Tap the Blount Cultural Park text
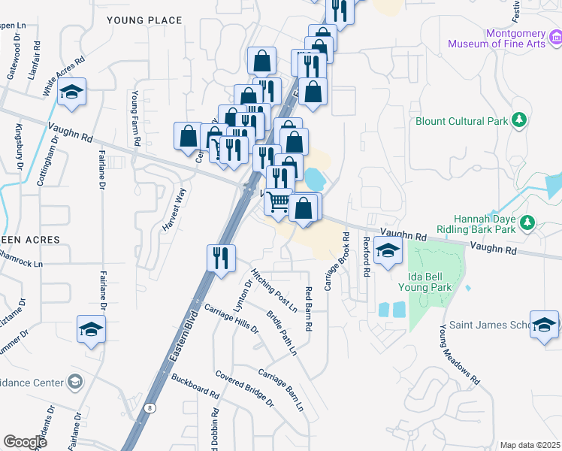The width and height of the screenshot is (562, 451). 460,120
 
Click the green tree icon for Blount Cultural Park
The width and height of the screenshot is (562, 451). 518,120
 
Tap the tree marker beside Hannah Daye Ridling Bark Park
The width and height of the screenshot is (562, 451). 527,222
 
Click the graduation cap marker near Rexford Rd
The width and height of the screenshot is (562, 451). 388,252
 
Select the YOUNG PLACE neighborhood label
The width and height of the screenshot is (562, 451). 145,20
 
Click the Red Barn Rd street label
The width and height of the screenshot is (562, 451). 308,309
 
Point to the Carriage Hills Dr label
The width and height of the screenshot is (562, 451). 231,319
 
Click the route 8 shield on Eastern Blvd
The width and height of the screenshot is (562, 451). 151,407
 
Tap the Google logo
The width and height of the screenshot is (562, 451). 25,442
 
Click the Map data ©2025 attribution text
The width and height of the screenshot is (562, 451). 530,445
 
